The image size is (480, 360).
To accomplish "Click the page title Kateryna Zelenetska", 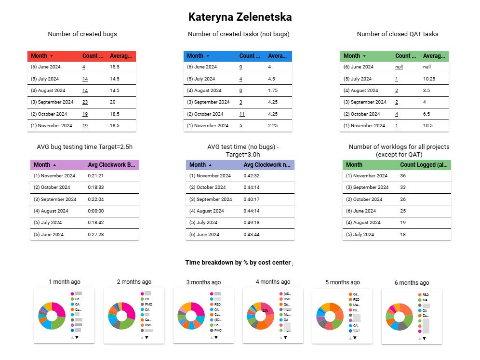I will [x=240, y=17].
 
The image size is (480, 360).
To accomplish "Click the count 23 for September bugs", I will [x=85, y=102].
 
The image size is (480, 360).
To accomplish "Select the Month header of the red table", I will [x=39, y=56].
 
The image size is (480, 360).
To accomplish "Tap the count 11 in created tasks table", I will [x=242, y=114].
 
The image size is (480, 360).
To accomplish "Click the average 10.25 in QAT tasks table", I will [x=429, y=79].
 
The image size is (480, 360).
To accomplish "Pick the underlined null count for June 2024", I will [x=399, y=67].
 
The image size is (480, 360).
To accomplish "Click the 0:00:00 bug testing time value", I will [x=96, y=211].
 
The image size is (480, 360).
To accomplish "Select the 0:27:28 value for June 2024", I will [x=96, y=235].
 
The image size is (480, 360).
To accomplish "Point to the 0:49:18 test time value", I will [x=252, y=223].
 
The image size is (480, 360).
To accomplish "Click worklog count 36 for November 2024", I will [x=403, y=176].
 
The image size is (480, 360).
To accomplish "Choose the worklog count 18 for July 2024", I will [x=403, y=235].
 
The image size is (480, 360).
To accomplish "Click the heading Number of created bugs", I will [x=82, y=34].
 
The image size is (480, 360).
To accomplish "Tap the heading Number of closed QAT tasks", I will [x=398, y=34].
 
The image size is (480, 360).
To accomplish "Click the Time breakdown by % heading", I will [x=238, y=263].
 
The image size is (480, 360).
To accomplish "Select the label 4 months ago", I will [x=273, y=282].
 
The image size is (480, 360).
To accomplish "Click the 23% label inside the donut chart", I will [x=265, y=311].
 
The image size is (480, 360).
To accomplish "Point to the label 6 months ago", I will [x=412, y=283].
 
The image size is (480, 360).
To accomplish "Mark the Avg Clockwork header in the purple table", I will [x=111, y=165].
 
